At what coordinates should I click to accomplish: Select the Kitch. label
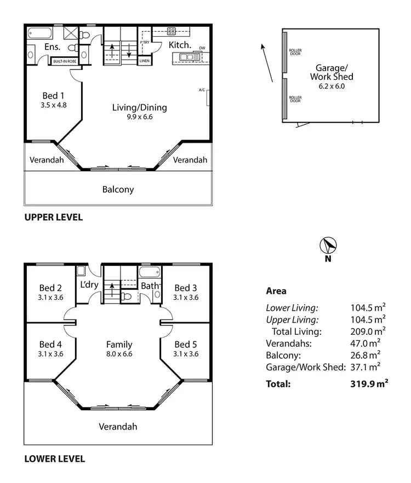179,45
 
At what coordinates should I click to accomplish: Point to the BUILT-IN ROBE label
64,61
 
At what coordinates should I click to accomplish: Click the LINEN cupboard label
144,61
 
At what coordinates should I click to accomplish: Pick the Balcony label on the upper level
118,190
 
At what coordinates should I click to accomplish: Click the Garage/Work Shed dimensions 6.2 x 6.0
332,86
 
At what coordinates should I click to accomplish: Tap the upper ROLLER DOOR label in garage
295,53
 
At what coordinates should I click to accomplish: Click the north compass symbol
328,246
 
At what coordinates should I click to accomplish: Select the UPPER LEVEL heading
53,217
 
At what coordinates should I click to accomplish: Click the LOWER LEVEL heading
54,459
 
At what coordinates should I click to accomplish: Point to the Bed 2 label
50,288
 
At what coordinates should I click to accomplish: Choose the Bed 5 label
186,345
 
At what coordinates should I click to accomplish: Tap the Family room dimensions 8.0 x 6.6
119,354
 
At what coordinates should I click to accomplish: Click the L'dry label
89,285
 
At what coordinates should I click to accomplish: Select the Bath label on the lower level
150,286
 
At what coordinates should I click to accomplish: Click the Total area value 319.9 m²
369,384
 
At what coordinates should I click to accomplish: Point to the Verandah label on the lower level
118,427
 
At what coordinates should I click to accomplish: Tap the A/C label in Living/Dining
202,90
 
